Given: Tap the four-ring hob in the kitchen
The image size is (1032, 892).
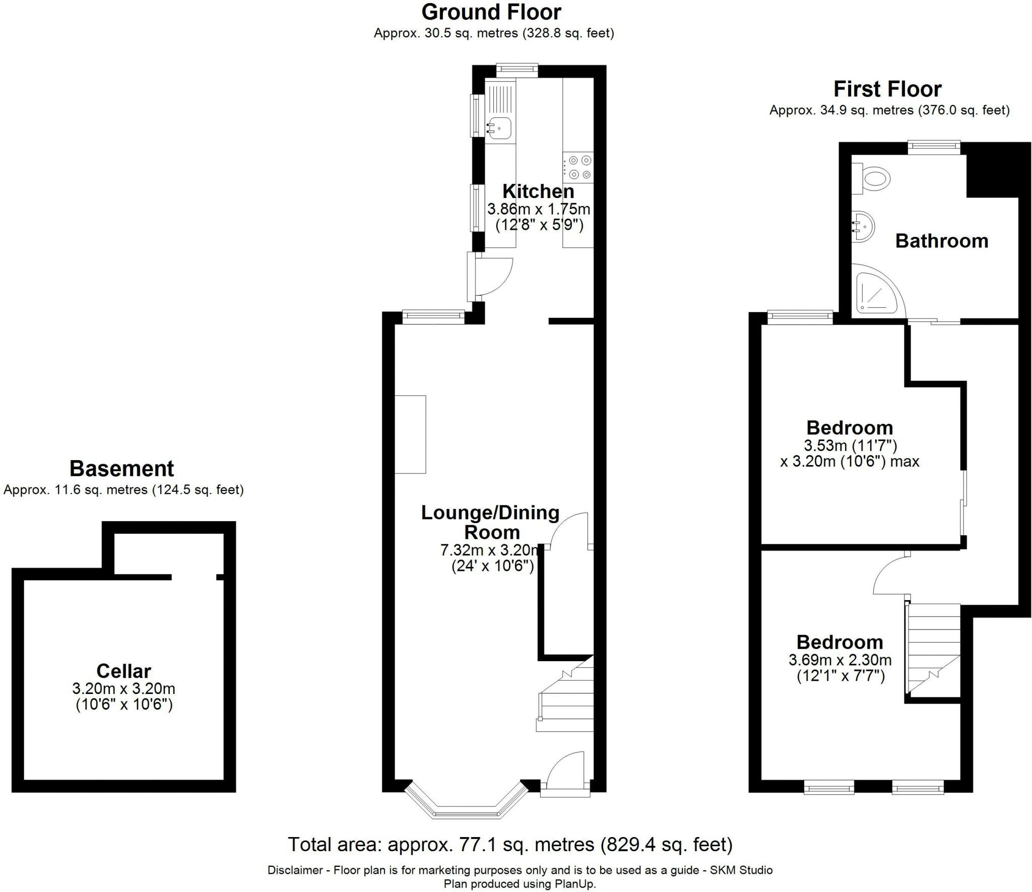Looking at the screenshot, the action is pyautogui.click(x=578, y=167).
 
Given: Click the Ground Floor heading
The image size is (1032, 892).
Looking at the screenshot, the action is pyautogui.click(x=491, y=12).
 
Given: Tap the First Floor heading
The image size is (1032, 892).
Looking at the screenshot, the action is pyautogui.click(x=887, y=89).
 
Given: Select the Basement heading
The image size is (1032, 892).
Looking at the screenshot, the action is pyautogui.click(x=122, y=469).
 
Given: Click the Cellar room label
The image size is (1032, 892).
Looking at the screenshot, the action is pyautogui.click(x=123, y=671).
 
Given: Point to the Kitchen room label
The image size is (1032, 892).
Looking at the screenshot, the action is pyautogui.click(x=538, y=192).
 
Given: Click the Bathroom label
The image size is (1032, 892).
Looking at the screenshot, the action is pyautogui.click(x=941, y=241).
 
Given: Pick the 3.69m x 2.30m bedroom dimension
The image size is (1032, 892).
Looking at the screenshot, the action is pyautogui.click(x=840, y=660).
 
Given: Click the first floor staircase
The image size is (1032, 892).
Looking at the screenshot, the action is pyautogui.click(x=932, y=650).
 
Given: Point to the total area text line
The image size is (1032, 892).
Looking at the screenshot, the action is pyautogui.click(x=510, y=845).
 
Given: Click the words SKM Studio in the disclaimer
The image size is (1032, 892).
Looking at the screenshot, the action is pyautogui.click(x=741, y=870).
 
